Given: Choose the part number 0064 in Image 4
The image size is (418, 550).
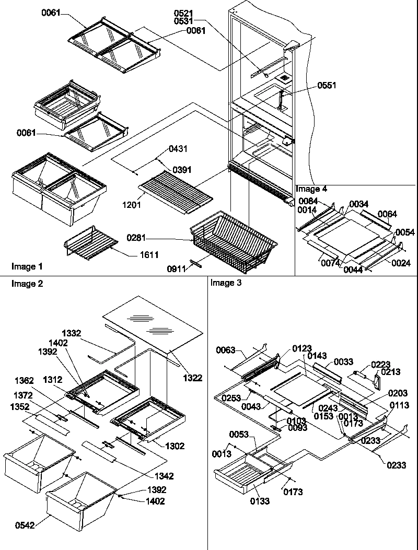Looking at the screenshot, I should coord(387,214).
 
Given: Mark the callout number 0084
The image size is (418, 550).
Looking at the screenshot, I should coord(308,202).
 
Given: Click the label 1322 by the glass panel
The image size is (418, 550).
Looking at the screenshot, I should coord(192,377).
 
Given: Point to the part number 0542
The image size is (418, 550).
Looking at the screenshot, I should coord(25,525).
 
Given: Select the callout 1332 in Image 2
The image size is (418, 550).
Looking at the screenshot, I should coord(72,333).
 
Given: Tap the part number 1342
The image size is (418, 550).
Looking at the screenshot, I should coord(164,476).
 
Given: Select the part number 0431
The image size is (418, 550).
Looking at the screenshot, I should coord(179,149).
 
